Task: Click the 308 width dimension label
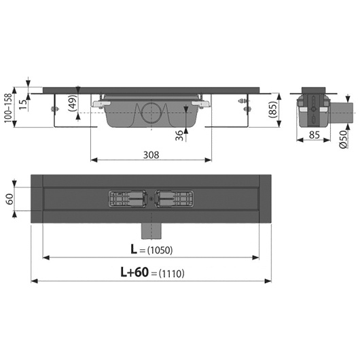click(x=151, y=155)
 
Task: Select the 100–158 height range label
click(x=8, y=108)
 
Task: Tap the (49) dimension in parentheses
click(x=73, y=103)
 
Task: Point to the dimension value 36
click(x=179, y=135)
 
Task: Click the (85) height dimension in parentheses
click(x=273, y=110)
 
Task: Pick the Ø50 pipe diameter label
click(x=343, y=139)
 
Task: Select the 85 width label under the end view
click(x=314, y=135)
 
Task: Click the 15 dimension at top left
click(x=23, y=105)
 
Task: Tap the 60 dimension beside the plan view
click(x=10, y=199)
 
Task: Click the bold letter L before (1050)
click(x=134, y=249)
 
